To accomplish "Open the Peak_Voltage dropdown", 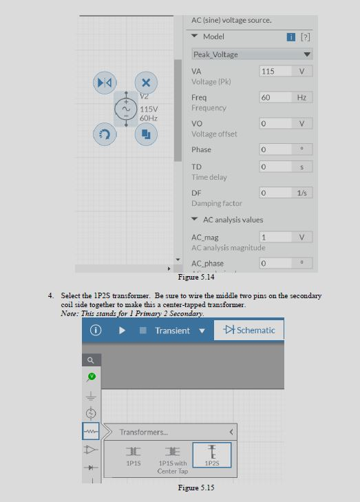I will coord(251,54).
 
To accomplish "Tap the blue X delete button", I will coord(145,83).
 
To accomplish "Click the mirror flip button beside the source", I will coord(105,83).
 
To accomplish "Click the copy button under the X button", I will coord(145,134).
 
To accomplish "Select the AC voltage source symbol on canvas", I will coord(126,109).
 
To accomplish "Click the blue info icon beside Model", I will coord(291,36).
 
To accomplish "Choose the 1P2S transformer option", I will coord(212,455).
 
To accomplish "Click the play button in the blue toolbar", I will coord(122,331).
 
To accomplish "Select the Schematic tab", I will coord(249,331).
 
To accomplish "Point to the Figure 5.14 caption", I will coord(196,277).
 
